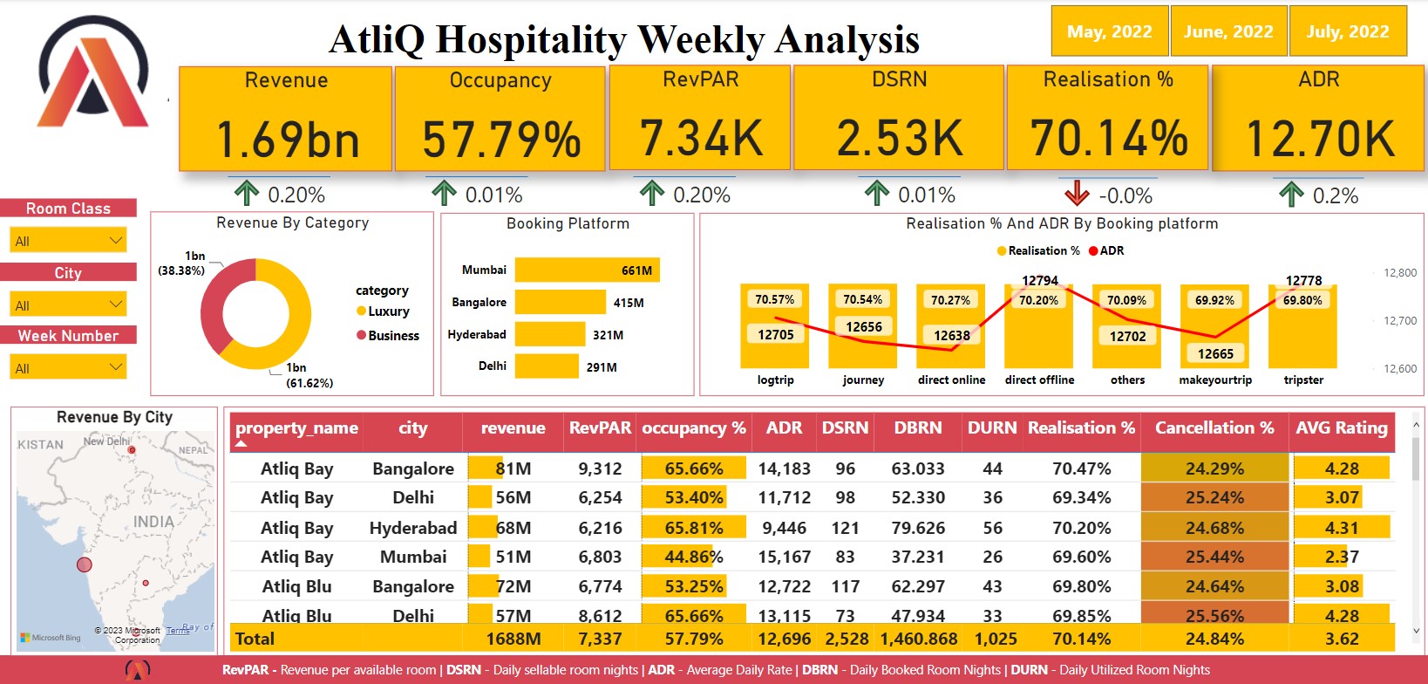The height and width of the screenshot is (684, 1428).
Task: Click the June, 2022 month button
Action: click(1228, 31)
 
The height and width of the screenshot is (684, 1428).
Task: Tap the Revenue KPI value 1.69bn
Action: click(286, 140)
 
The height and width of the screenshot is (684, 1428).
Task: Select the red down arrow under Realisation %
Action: click(1077, 193)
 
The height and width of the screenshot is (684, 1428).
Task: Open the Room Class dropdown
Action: click(68, 240)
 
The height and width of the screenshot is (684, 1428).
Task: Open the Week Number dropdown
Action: click(68, 367)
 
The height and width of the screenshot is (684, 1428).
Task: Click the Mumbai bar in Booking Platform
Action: click(587, 270)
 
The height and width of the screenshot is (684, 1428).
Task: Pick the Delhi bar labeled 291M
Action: click(547, 366)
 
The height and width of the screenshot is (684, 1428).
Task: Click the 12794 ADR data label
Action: click(1039, 281)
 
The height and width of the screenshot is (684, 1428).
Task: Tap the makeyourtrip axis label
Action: click(1214, 380)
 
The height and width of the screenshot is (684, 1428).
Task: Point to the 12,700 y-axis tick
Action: click(1399, 320)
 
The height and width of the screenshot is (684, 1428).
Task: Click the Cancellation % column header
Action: click(1214, 427)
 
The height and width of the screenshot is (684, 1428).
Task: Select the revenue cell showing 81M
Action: click(513, 469)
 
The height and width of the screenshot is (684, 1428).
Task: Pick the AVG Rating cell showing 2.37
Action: click(1341, 557)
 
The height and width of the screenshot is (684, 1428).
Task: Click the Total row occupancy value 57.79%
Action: click(693, 639)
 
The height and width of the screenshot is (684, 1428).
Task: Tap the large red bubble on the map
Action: click(85, 564)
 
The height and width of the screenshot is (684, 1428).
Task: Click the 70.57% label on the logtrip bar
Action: click(774, 299)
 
